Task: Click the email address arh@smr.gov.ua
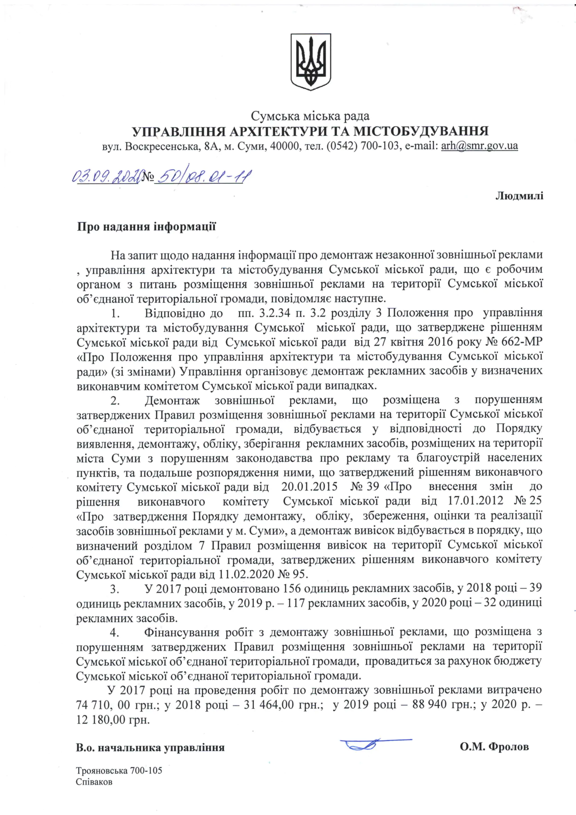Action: pyautogui.click(x=479, y=146)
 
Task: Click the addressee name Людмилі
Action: pyautogui.click(x=519, y=196)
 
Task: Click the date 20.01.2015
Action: pyautogui.click(x=309, y=487)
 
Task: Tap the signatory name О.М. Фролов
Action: pyautogui.click(x=494, y=747)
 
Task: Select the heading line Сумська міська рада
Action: pyautogui.click(x=310, y=116)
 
